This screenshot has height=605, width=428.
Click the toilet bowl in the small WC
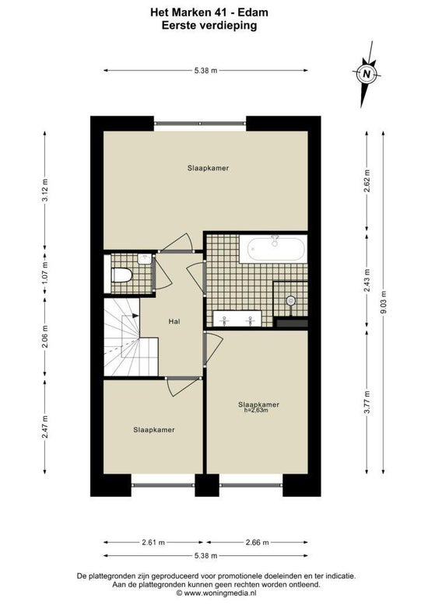pyautogui.click(x=121, y=275)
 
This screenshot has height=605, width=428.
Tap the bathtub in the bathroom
pyautogui.click(x=273, y=249)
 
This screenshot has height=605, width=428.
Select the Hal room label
pyautogui.click(x=174, y=321)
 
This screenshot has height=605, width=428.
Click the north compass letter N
pyautogui.click(x=367, y=73)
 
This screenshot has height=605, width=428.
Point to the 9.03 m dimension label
pyautogui.click(x=382, y=302)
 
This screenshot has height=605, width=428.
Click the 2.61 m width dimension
pyautogui.click(x=153, y=542)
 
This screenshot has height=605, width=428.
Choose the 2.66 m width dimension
pyautogui.click(x=258, y=542)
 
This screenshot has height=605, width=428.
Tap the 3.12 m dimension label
pyautogui.click(x=45, y=190)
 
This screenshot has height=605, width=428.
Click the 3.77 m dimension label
pyautogui.click(x=367, y=403)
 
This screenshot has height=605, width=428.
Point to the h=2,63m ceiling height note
pyautogui.click(x=256, y=411)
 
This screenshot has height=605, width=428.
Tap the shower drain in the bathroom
pyautogui.click(x=290, y=300)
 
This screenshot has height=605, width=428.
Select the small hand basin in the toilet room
pyautogui.click(x=145, y=259)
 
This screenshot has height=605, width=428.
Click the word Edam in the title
pyautogui.click(x=253, y=12)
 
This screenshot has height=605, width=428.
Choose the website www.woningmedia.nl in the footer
pyautogui.click(x=216, y=593)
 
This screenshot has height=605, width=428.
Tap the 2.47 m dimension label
pyautogui.click(x=45, y=426)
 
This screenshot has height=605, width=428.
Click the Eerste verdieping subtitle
pyautogui.click(x=209, y=26)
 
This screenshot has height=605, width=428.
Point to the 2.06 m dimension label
pyautogui.click(x=45, y=337)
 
